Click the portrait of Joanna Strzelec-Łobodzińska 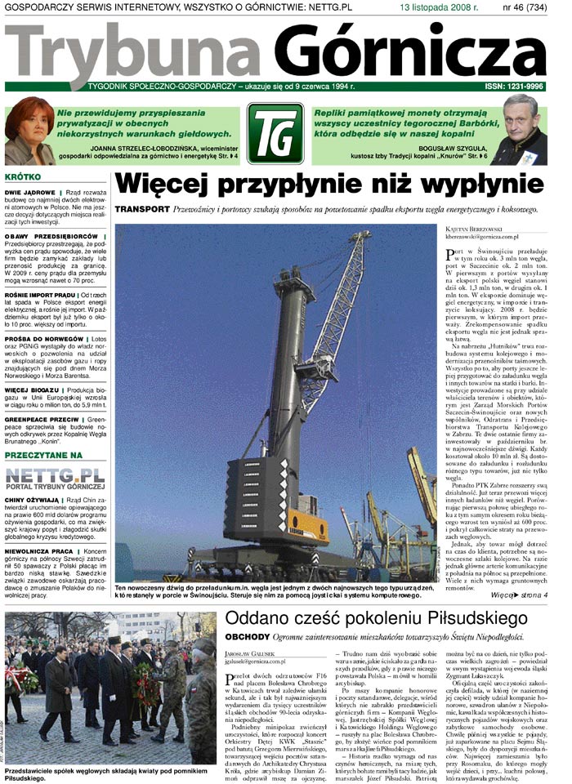tap(29, 131)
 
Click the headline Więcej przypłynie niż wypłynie tap(328, 183)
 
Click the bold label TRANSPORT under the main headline tap(142, 210)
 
